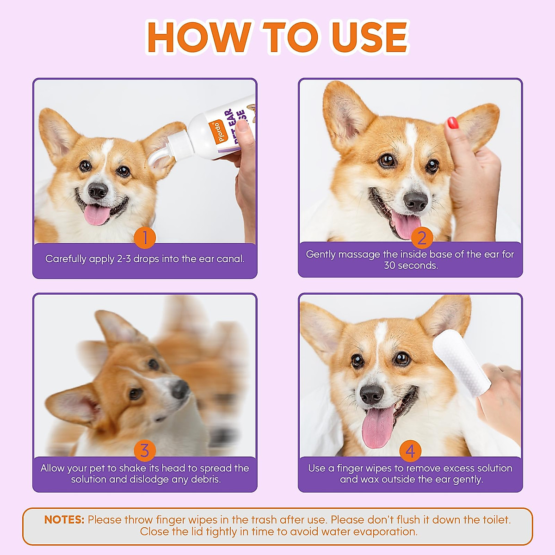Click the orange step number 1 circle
click(145, 238)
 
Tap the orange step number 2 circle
click(422, 238)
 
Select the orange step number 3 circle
click(145, 450)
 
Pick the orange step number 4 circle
click(410, 451)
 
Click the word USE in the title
click(370, 38)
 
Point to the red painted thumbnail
click(452, 123)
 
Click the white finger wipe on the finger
click(462, 363)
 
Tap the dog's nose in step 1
click(98, 191)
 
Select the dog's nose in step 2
click(415, 201)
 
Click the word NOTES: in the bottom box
click(64, 519)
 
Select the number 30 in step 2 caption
click(390, 265)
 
